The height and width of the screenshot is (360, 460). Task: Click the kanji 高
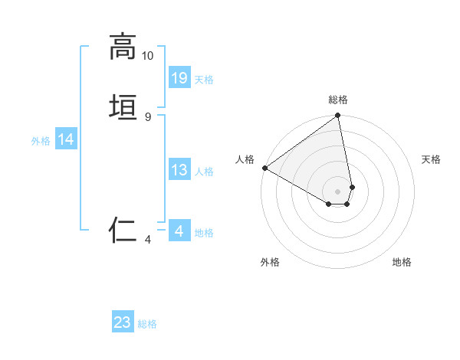point(123,47)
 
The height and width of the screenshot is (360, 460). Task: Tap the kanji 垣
point(123,107)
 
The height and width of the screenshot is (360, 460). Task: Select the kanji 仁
point(123,230)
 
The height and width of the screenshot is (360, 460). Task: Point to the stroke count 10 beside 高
point(148,56)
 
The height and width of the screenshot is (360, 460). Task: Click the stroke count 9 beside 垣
point(148,116)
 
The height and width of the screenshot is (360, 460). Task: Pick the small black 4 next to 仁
point(148,240)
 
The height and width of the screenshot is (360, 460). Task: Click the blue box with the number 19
point(179,77)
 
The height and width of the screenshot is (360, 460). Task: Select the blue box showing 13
point(179,170)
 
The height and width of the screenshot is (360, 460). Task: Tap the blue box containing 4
point(179,231)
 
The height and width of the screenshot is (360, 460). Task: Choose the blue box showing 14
point(66,139)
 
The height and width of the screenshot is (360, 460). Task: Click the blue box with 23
point(123,322)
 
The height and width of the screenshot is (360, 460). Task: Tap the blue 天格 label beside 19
point(204,80)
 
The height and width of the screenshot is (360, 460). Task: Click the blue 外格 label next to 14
point(41,141)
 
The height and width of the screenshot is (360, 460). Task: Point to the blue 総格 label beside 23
point(147,324)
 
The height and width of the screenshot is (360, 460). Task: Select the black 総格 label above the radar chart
point(338,100)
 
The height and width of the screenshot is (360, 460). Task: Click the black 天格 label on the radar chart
point(431,159)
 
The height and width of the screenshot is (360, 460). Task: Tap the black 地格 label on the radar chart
point(402,262)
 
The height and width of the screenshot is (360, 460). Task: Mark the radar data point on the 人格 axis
point(264,168)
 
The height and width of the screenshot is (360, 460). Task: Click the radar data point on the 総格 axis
point(338,116)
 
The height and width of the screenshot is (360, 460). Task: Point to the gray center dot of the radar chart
point(338,191)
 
